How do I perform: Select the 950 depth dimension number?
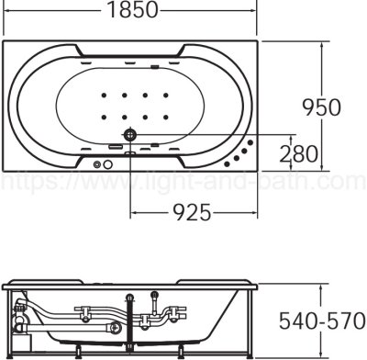point(321,107)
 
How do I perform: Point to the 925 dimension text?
point(190,212)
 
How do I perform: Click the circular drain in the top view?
point(129,136)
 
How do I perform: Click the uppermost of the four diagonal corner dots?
point(253,141)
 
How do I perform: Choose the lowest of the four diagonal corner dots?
point(232,160)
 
